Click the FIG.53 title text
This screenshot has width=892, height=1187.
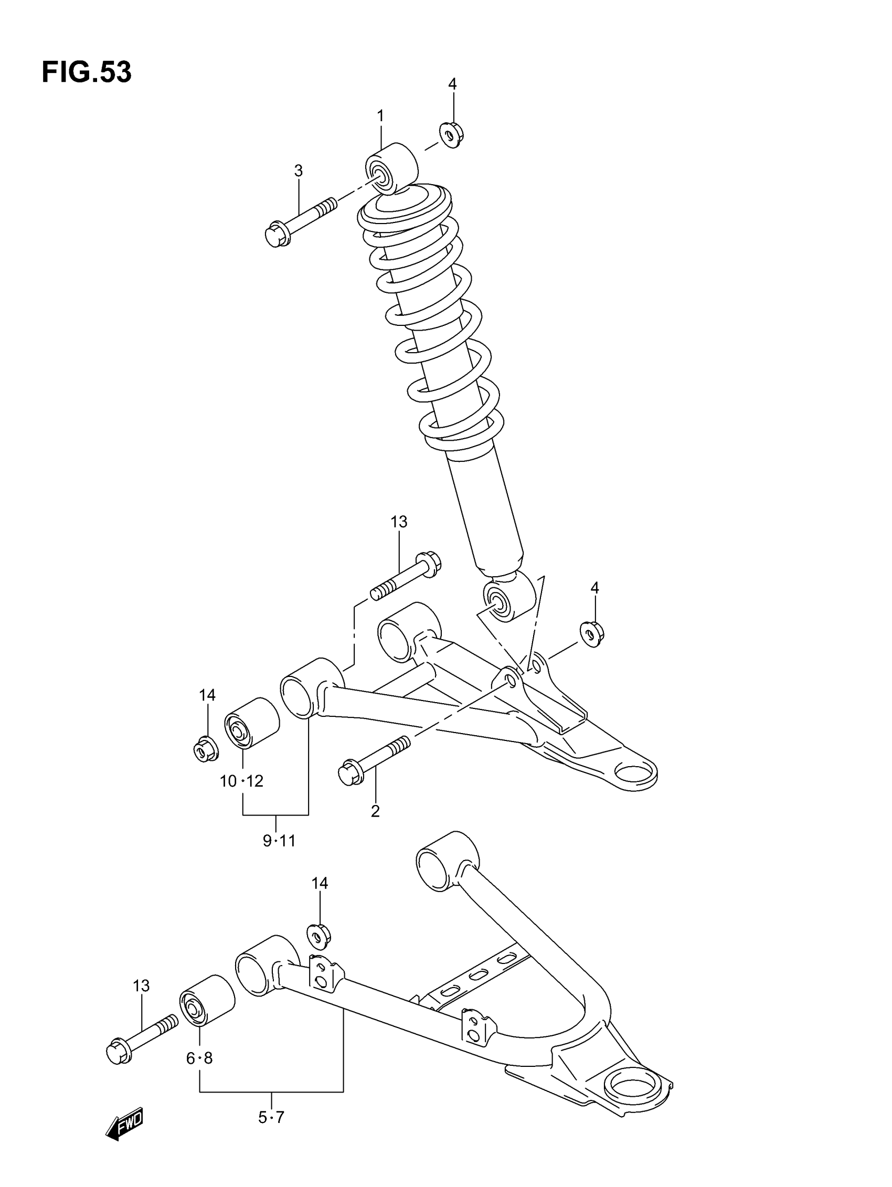[x=87, y=72]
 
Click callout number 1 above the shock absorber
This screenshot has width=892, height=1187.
[x=380, y=116]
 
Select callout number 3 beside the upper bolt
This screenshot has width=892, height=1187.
[x=299, y=171]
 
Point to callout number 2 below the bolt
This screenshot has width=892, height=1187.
[x=375, y=811]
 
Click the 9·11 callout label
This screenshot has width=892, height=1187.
[x=279, y=841]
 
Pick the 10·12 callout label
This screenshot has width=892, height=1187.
[x=241, y=781]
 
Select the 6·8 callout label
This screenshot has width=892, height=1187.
[x=199, y=1059]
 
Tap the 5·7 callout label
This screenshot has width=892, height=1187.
[x=271, y=1118]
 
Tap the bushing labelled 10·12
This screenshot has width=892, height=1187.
[x=251, y=722]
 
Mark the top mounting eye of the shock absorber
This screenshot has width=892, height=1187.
[x=391, y=167]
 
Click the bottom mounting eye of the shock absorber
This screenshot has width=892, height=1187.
[x=509, y=597]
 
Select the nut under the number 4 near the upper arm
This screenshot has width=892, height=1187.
[x=591, y=634]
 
